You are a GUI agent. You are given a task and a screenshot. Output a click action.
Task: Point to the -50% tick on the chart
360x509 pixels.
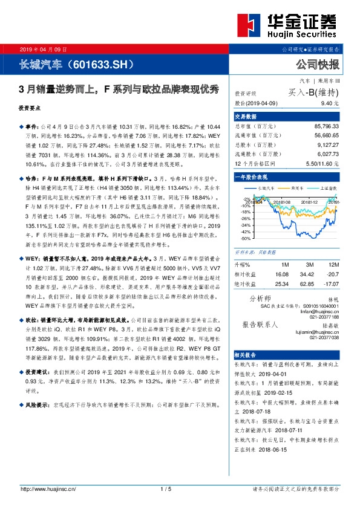pos(246,238)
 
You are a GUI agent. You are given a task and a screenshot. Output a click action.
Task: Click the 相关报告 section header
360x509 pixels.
pos(246,353)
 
